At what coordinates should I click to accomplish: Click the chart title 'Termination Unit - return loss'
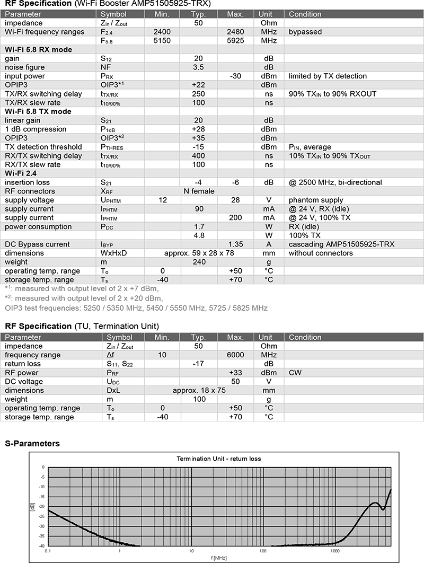(218, 459)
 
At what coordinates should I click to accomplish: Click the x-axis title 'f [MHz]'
(218, 558)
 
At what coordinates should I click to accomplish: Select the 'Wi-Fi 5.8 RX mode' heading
(38, 49)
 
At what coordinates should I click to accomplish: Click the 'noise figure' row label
(24, 67)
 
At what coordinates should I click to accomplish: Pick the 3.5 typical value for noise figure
(198, 67)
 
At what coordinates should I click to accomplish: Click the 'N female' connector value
(199, 191)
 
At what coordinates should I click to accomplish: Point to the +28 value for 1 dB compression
(198, 129)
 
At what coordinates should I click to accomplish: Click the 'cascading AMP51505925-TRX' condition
(341, 244)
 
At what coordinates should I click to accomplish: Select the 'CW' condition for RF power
(295, 373)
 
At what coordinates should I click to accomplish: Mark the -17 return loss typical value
(198, 364)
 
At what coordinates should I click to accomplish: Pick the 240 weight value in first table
(198, 262)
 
